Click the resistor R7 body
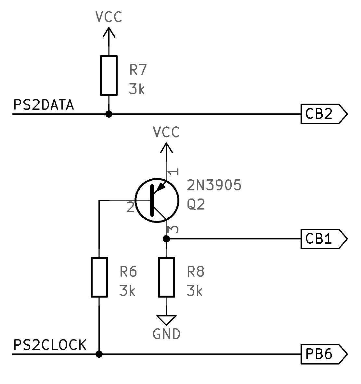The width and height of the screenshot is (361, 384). (x=109, y=75)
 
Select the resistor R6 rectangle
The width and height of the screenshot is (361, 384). (x=99, y=277)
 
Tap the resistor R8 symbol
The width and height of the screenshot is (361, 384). (x=166, y=277)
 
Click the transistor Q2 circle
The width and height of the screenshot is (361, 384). (x=157, y=200)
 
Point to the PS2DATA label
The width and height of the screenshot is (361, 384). (x=44, y=105)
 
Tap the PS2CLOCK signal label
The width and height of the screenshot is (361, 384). (x=50, y=345)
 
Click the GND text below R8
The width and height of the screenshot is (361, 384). (x=166, y=334)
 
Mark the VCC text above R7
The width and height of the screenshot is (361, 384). (x=109, y=17)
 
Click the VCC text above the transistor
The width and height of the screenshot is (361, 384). (x=166, y=133)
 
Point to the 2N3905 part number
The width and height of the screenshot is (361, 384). (x=214, y=186)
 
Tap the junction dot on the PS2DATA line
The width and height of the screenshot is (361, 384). (x=109, y=114)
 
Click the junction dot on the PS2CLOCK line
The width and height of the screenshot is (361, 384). (x=99, y=354)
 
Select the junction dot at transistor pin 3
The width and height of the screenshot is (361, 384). (x=166, y=239)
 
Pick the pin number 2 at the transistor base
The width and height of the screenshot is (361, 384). (x=130, y=207)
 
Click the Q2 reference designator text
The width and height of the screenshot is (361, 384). (x=196, y=205)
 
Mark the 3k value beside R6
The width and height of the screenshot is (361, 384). (x=127, y=291)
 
